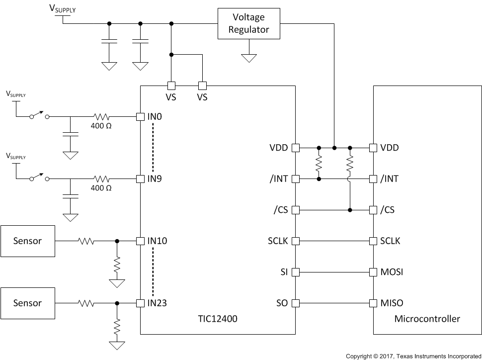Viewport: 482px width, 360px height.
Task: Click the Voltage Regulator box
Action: [x=248, y=23]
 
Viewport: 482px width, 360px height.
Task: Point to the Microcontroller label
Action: [x=427, y=319]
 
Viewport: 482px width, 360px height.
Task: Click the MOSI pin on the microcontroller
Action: [x=392, y=272]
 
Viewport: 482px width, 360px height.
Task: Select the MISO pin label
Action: [x=392, y=303]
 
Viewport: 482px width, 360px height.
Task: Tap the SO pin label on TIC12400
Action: [x=281, y=303]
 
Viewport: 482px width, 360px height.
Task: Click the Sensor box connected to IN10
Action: [x=27, y=241]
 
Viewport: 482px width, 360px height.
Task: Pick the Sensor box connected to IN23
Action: [x=27, y=303]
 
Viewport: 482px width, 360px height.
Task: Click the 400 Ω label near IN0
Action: [x=101, y=126]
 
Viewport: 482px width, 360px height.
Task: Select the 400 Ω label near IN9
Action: [x=101, y=188]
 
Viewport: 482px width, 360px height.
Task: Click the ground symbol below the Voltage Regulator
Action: [x=248, y=58]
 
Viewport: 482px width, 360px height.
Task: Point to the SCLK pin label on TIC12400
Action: [x=278, y=241]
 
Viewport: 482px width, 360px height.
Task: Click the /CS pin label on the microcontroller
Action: [x=388, y=210]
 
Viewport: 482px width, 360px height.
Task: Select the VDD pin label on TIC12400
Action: [x=279, y=148]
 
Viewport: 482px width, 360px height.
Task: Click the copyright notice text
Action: [x=413, y=356]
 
